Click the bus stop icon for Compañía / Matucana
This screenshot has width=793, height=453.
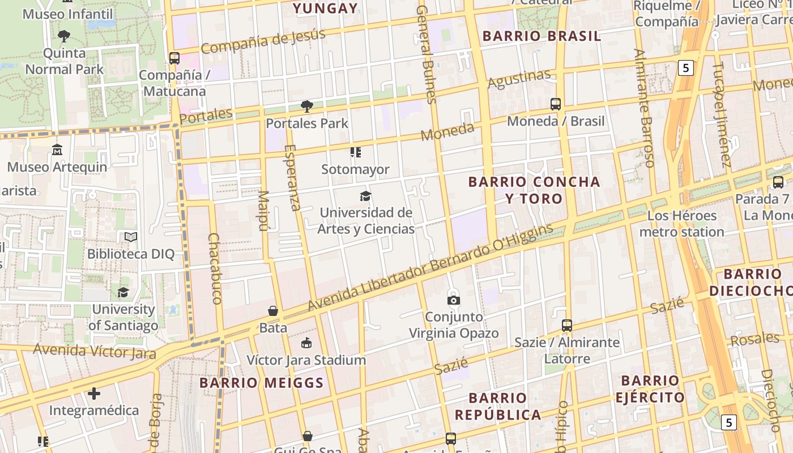click(174, 58)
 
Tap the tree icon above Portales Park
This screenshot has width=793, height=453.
click(307, 106)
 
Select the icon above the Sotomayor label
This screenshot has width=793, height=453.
click(356, 152)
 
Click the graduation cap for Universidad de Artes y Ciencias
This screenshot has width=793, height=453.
click(366, 196)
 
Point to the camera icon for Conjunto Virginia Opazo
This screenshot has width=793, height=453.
click(454, 300)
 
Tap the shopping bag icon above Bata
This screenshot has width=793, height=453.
click(273, 311)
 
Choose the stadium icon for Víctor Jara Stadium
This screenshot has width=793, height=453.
click(306, 343)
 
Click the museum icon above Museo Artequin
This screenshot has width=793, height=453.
click(57, 150)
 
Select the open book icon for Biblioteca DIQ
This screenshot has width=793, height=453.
click(131, 237)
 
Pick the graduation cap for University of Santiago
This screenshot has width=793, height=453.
click(123, 292)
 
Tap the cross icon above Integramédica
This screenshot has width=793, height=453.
click(94, 393)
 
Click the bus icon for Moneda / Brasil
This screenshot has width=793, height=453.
click(556, 104)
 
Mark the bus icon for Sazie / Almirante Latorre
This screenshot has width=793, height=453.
click(567, 326)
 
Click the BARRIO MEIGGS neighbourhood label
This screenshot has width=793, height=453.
click(262, 383)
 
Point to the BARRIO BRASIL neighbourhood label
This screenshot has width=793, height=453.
click(542, 36)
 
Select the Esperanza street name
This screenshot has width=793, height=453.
click(293, 177)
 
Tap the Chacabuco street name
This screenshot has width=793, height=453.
click(215, 268)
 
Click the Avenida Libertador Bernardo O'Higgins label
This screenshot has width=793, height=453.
click(430, 267)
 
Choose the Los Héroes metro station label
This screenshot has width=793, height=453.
click(682, 224)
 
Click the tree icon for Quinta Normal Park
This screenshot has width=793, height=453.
click(64, 36)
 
